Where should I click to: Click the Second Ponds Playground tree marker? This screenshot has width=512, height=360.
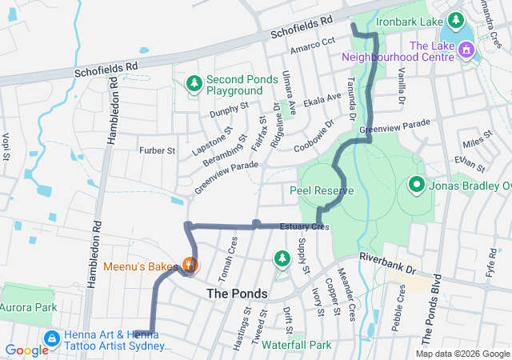click(x=194, y=82)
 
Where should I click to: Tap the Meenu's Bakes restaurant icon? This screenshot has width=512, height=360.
click(x=189, y=264)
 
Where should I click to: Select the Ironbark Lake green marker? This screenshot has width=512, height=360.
click(x=455, y=18)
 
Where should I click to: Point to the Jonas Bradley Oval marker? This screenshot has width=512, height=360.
click(x=416, y=186)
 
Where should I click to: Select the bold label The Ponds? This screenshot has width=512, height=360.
click(x=237, y=294)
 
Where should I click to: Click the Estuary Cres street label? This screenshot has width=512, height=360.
click(x=304, y=227)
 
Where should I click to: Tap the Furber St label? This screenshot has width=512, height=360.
click(x=156, y=150)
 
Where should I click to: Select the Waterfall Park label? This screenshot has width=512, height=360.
click(x=295, y=345)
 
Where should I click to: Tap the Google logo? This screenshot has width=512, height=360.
click(x=26, y=350)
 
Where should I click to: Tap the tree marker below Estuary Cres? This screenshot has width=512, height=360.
click(x=282, y=258)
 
